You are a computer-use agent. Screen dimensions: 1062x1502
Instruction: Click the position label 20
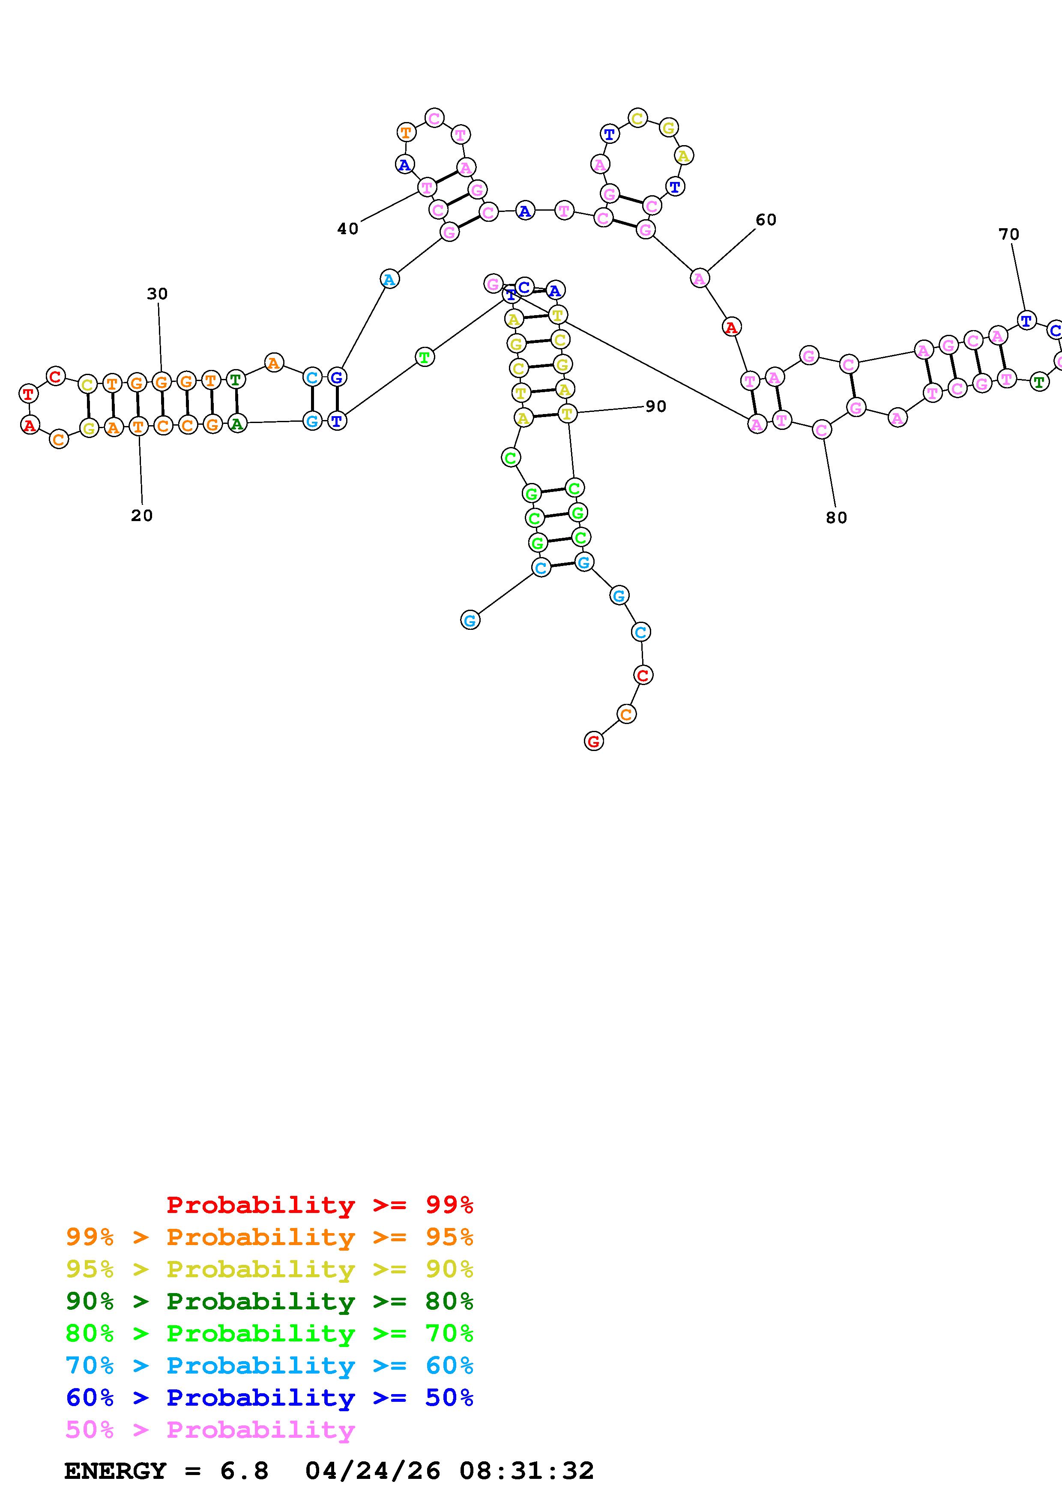tap(141, 516)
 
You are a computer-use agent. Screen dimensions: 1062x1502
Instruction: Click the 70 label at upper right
tap(1008, 234)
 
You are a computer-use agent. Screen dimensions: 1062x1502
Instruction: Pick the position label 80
tap(836, 518)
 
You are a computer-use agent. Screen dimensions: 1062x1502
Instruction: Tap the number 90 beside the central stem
tap(655, 407)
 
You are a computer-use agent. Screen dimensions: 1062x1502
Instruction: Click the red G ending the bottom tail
tap(593, 741)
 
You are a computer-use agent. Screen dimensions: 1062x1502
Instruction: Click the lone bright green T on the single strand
tap(425, 357)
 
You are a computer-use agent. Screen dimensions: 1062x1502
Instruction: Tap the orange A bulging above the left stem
tap(273, 362)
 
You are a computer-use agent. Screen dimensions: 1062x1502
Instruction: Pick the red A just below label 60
tap(731, 327)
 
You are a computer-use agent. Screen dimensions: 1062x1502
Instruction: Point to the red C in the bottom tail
tap(643, 674)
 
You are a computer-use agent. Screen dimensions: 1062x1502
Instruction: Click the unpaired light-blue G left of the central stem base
tap(470, 620)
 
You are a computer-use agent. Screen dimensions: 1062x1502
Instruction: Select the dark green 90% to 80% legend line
tap(269, 1301)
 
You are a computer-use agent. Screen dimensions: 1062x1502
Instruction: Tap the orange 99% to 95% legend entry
tap(269, 1237)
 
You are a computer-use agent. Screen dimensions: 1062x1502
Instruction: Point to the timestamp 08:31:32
tap(526, 1471)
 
